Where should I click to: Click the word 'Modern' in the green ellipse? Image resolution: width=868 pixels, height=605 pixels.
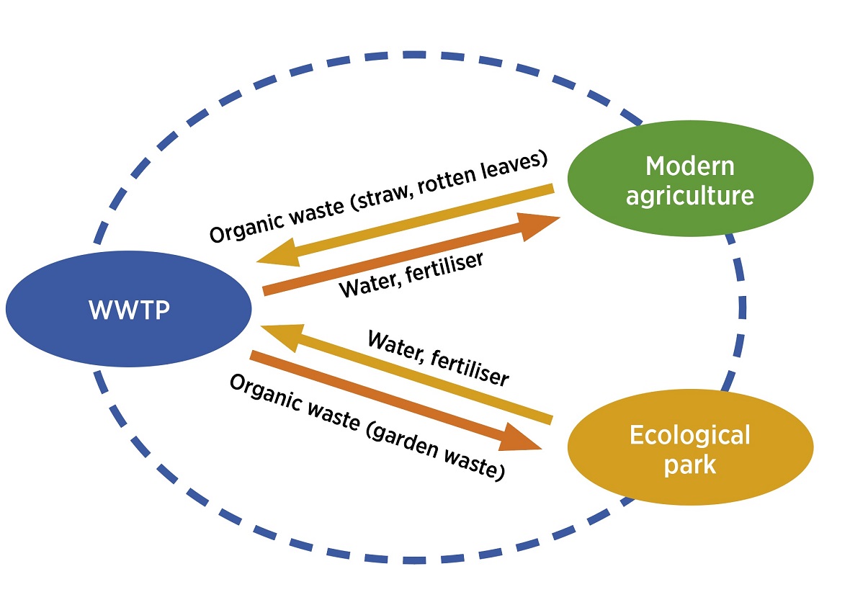pos(690,166)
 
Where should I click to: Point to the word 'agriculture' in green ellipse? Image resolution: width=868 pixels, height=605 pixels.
pos(690,195)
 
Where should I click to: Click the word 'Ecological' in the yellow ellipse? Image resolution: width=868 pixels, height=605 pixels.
pos(690,436)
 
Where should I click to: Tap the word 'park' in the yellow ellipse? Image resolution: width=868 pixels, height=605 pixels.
pos(690,465)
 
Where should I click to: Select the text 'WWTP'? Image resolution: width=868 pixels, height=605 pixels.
pos(129,310)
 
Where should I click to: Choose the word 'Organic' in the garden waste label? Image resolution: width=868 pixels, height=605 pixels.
pos(260,394)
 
